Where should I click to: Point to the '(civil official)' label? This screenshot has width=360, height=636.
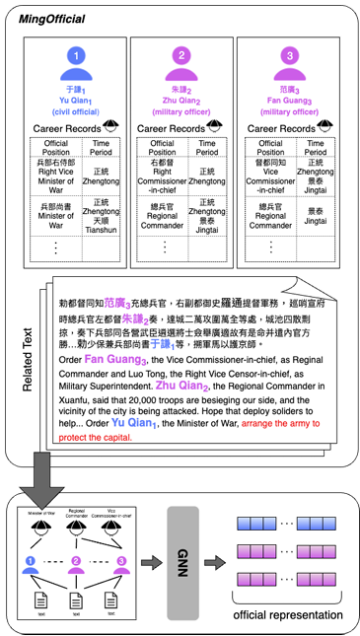click(x=76, y=110)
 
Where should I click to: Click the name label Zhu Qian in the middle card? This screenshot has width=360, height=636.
click(x=180, y=100)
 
